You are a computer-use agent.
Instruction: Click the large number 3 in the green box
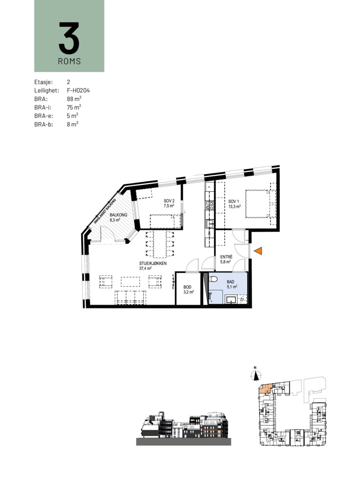(x=69, y=38)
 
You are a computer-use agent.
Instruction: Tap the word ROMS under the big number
(x=69, y=61)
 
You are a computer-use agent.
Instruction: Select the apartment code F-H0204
(x=78, y=90)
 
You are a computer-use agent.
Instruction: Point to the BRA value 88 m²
(x=74, y=99)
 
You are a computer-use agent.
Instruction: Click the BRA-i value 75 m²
(x=74, y=107)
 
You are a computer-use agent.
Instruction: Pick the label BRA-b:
(x=44, y=124)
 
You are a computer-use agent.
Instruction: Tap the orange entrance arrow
(x=258, y=251)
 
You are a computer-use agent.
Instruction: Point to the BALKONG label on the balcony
(x=118, y=215)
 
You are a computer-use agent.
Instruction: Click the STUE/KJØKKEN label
(x=153, y=264)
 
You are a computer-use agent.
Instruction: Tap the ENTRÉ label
(x=226, y=257)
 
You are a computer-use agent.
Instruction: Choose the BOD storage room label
(x=187, y=287)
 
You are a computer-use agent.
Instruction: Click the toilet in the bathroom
(x=213, y=279)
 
